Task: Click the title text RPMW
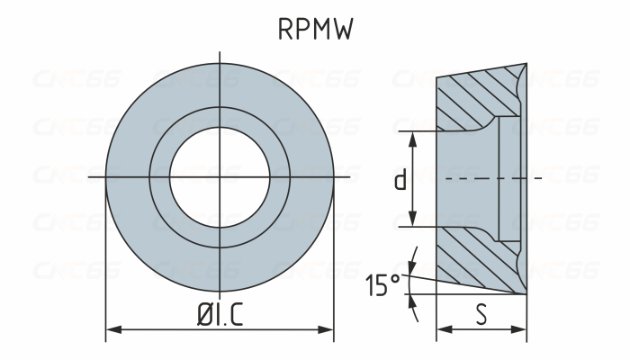pyautogui.click(x=314, y=30)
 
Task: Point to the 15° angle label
pyautogui.click(x=382, y=285)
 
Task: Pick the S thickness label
pyautogui.click(x=481, y=315)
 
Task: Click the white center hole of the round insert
pyautogui.click(x=220, y=179)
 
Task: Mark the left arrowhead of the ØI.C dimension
pyautogui.click(x=111, y=330)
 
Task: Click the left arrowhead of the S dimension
pyautogui.click(x=441, y=330)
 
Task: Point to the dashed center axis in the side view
pyautogui.click(x=531, y=179)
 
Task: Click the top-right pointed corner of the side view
pyautogui.click(x=526, y=64)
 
